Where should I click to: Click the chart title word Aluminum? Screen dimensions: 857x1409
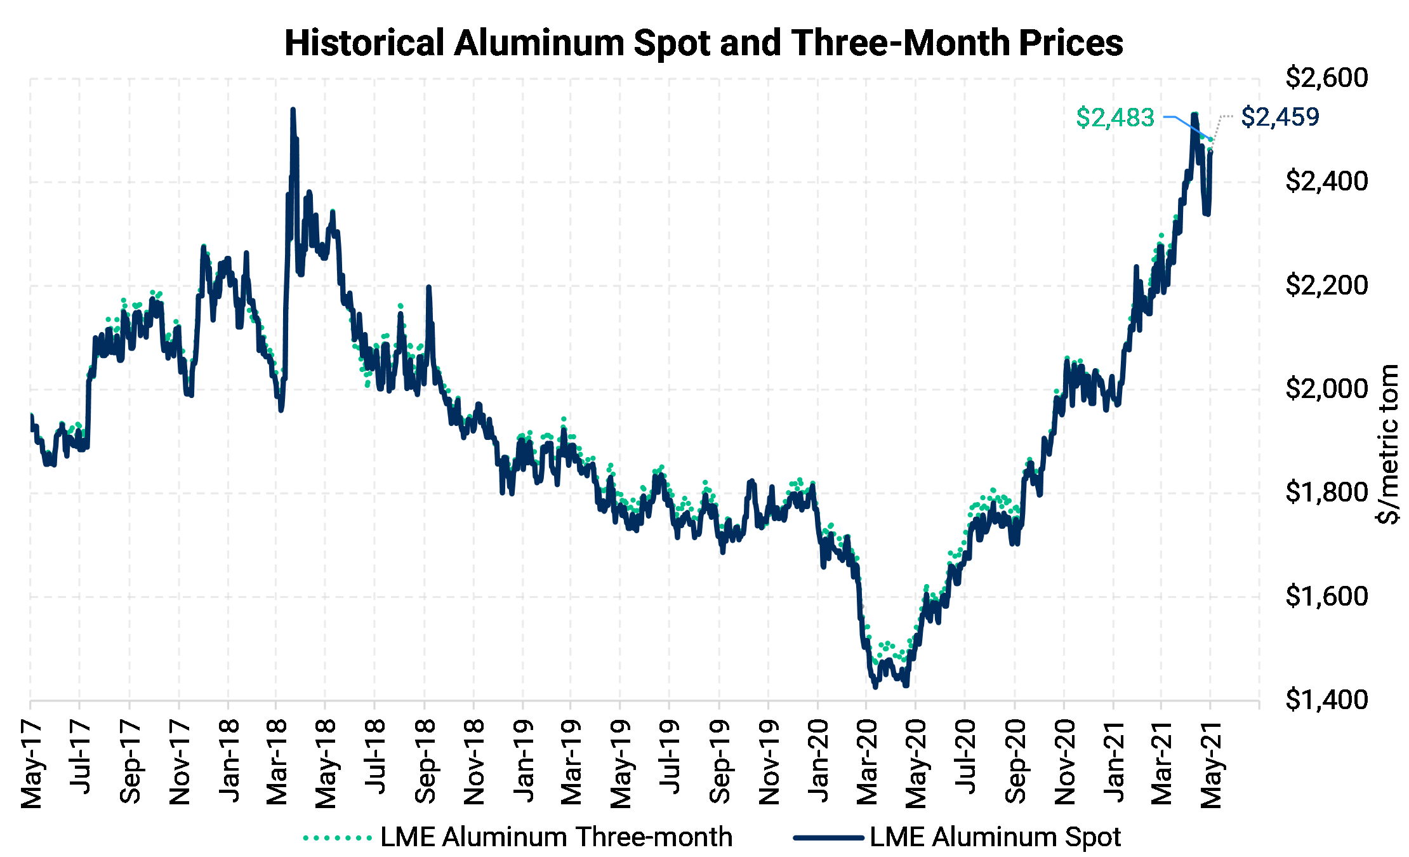coord(539,43)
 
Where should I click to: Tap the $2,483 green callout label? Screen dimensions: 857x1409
coord(1115,117)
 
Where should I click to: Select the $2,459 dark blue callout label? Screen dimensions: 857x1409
coord(1280,117)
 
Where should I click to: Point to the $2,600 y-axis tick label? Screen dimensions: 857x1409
coord(1326,78)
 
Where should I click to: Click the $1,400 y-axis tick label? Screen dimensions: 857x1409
coord(1326,700)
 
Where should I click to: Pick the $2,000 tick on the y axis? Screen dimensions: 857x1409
coord(1326,389)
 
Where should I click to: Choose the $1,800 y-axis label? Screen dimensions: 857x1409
coord(1326,492)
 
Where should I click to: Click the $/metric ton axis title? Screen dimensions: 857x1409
coord(1388,444)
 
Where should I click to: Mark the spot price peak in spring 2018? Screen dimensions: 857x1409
coord(293,110)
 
